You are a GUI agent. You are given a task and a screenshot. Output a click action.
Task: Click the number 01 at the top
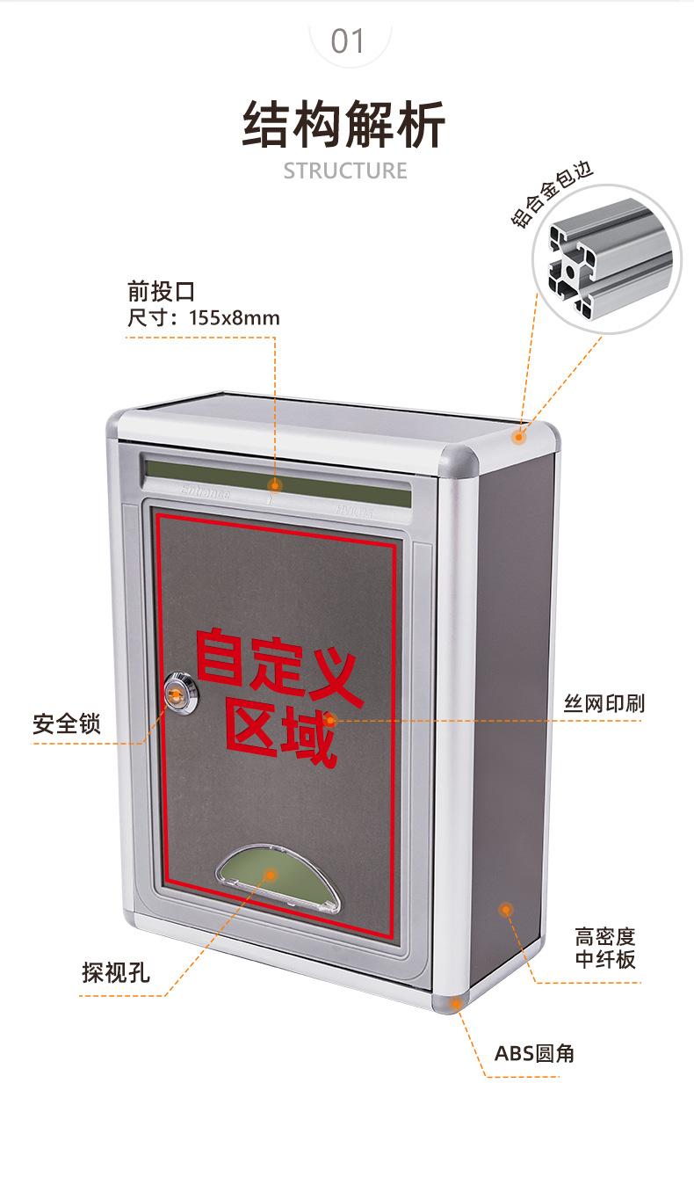(347, 40)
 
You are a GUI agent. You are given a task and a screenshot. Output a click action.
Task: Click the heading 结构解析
(345, 125)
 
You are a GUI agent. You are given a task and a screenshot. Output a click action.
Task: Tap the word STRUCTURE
(345, 171)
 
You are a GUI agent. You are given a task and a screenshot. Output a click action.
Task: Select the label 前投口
(161, 291)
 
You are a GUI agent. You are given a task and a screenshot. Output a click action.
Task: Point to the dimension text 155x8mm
(235, 317)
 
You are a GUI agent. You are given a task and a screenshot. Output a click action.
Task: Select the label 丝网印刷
(604, 702)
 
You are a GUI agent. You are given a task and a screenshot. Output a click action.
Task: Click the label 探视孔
(116, 973)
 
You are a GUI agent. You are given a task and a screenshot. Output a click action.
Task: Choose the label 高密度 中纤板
(605, 948)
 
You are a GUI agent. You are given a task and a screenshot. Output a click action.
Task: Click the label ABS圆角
(534, 1053)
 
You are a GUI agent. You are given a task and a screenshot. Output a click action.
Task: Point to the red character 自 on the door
(219, 655)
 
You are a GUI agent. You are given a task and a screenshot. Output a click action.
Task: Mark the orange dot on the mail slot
(274, 485)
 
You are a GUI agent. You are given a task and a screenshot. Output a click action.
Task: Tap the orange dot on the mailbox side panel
(506, 909)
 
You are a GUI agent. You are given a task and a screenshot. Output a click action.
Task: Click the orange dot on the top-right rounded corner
(519, 436)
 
